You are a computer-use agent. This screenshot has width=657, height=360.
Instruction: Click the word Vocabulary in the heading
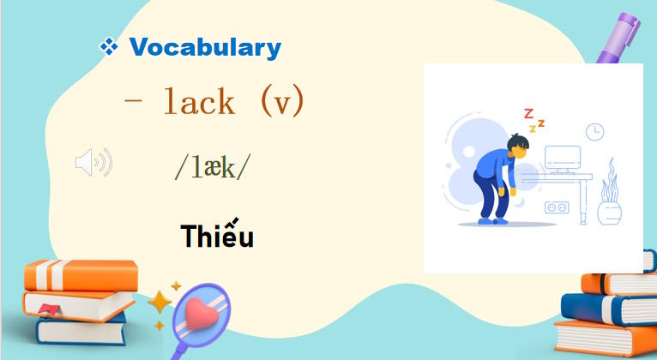coord(205,47)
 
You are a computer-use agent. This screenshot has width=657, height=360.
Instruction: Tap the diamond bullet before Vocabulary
coord(109,47)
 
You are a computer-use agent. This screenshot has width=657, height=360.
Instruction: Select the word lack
coord(199,103)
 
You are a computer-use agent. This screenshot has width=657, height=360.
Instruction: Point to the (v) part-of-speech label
coord(281,103)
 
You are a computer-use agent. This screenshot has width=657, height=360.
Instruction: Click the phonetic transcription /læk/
coord(213,166)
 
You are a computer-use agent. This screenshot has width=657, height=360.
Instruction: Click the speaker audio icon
coord(93,162)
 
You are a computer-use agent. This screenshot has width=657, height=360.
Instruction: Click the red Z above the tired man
coord(528,113)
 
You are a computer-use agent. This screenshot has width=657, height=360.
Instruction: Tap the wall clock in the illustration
coord(594,131)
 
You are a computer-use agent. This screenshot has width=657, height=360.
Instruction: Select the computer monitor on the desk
coord(564,157)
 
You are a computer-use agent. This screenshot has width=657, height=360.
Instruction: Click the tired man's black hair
coord(517,141)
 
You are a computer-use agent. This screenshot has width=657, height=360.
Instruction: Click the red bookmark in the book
coord(50,308)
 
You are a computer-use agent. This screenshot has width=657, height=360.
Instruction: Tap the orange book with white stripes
coord(81,275)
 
